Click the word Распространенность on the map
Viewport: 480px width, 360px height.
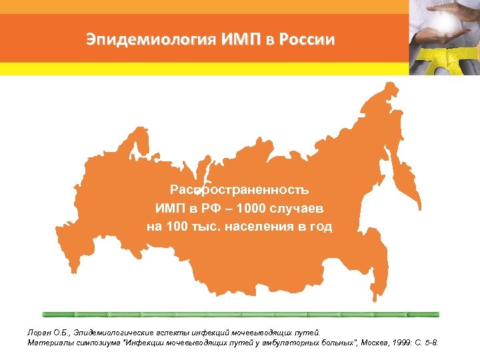click(x=239, y=191)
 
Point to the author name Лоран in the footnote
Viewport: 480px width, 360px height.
click(x=39, y=332)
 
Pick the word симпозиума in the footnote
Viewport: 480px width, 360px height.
click(x=95, y=343)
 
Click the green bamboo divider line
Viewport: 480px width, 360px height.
click(x=240, y=313)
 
